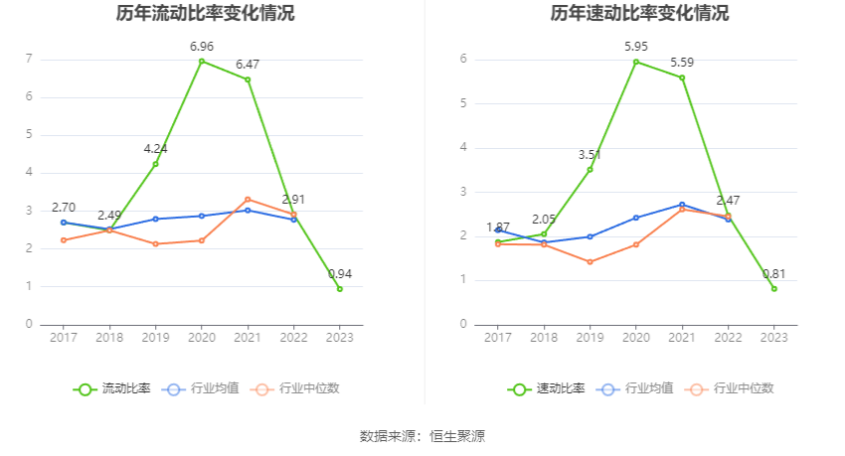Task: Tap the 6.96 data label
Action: tap(202, 47)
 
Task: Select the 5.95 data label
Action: tap(636, 47)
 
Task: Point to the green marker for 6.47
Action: tap(248, 79)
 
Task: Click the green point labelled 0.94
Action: tap(340, 289)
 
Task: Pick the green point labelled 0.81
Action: tap(774, 289)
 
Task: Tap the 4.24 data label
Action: tap(156, 149)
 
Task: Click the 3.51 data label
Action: tap(591, 155)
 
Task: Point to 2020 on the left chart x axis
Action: tap(202, 338)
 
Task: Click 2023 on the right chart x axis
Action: tap(774, 338)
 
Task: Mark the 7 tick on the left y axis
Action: tap(29, 60)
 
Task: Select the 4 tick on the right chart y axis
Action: tap(463, 148)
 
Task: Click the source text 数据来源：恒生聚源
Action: tap(422, 436)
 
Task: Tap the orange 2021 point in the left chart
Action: tap(248, 200)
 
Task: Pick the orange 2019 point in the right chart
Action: tap(590, 262)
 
